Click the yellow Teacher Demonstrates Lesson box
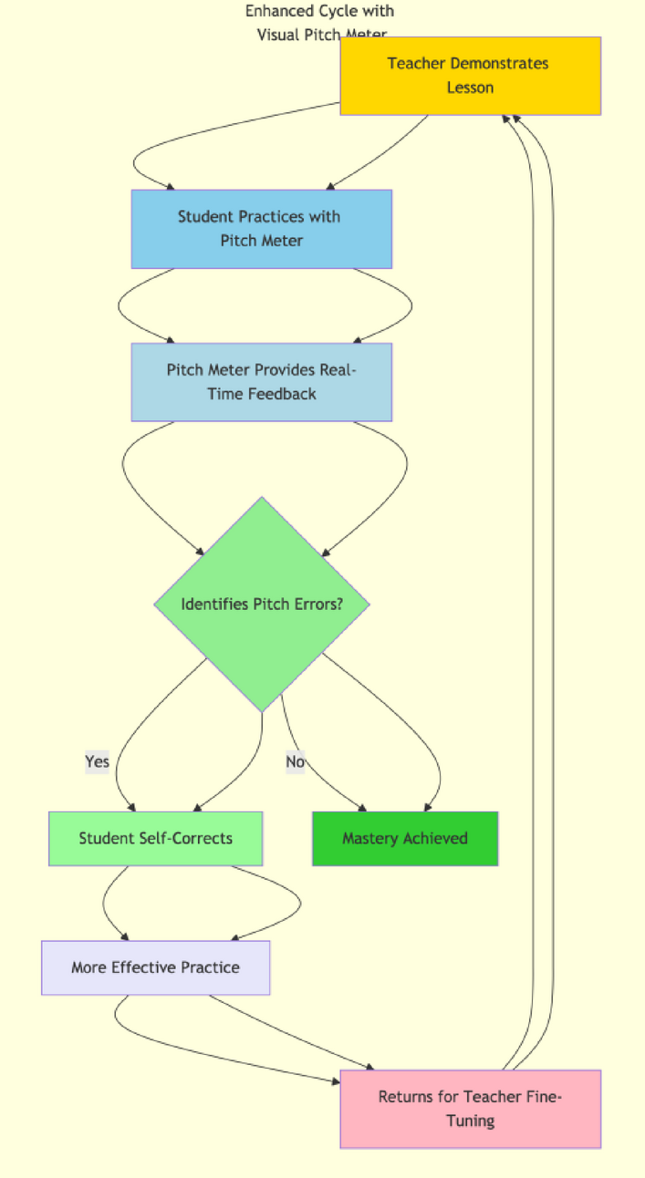tap(470, 76)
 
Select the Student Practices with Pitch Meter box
tap(261, 229)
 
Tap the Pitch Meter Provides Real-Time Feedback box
tap(261, 382)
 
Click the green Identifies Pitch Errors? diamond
tap(262, 604)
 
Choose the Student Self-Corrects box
tap(155, 838)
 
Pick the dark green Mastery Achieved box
tap(405, 838)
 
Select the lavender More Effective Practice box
tap(155, 967)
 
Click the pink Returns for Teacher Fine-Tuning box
tap(470, 1109)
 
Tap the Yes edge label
tap(97, 761)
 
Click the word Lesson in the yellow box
tap(470, 88)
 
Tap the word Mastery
tap(370, 838)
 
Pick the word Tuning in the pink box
tap(470, 1121)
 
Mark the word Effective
tap(145, 967)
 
